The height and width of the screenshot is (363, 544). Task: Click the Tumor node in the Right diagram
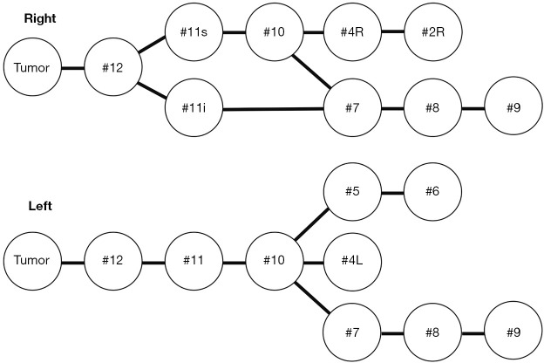tap(31, 67)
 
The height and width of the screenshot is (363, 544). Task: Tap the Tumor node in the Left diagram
tap(31, 261)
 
